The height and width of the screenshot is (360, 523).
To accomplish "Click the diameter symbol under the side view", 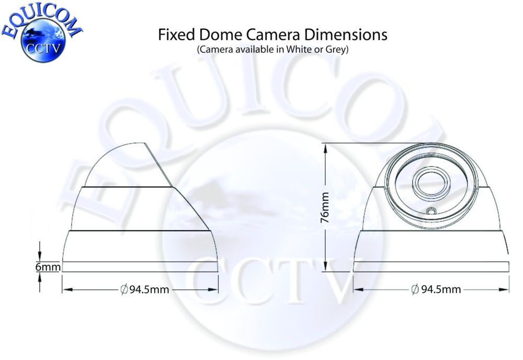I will click(x=124, y=289).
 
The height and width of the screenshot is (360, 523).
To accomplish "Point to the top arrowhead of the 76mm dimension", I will click(x=326, y=148).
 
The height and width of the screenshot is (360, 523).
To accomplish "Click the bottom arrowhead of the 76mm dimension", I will click(x=326, y=266).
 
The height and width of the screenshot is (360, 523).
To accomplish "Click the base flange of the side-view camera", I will click(x=140, y=266).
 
